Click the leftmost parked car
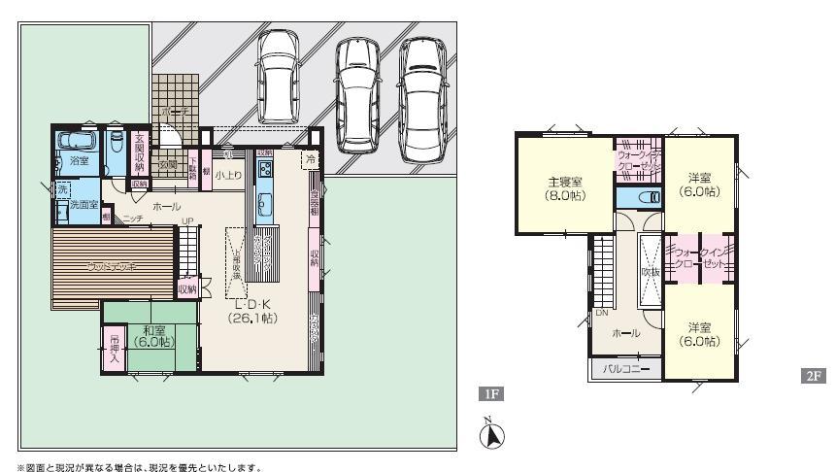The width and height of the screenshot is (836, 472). [x=279, y=77]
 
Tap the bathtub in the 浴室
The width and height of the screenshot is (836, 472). [x=76, y=142]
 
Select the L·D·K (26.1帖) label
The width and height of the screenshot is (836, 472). [x=255, y=311]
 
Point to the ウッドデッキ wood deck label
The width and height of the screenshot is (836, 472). [x=112, y=265]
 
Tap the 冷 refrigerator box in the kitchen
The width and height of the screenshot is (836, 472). [x=312, y=158]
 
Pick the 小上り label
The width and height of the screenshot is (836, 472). [x=228, y=175]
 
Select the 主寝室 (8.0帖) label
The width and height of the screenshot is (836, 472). [x=564, y=186]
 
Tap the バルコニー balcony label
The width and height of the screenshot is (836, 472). [x=626, y=370]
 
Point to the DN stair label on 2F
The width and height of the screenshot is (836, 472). [x=602, y=312]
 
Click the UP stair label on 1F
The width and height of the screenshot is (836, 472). [x=188, y=222]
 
